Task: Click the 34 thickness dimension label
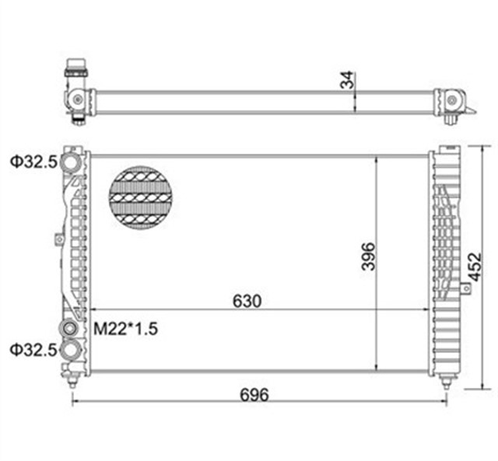pyautogui.click(x=349, y=79)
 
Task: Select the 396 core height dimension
pyautogui.click(x=368, y=256)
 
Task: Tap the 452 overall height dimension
pyautogui.click(x=475, y=267)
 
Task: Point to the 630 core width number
pyautogui.click(x=247, y=299)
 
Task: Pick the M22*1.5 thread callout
pyautogui.click(x=126, y=329)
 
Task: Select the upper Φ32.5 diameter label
pyautogui.click(x=33, y=162)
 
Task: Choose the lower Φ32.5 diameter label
pyautogui.click(x=33, y=350)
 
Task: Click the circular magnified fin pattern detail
pyautogui.click(x=140, y=198)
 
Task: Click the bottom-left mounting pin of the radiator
pyautogui.click(x=72, y=381)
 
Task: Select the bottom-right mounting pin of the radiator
pyautogui.click(x=447, y=382)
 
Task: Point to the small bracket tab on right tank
pyautogui.click(x=465, y=288)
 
